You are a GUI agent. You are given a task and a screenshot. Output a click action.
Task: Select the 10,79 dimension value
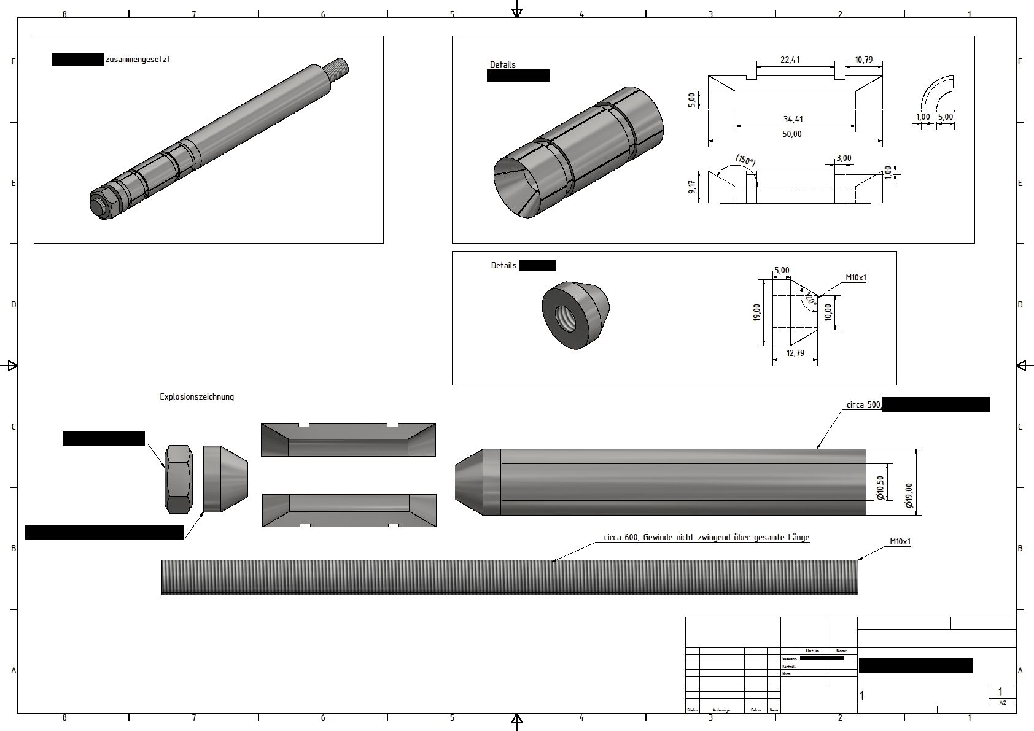tap(863, 60)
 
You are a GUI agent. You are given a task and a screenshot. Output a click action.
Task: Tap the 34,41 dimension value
tap(793, 120)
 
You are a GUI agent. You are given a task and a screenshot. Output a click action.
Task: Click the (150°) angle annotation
tap(745, 161)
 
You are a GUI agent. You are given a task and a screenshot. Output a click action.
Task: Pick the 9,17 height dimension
tap(693, 187)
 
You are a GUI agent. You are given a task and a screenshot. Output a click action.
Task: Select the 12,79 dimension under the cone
tap(795, 353)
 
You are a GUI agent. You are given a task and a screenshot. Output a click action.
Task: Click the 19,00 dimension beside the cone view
tap(757, 312)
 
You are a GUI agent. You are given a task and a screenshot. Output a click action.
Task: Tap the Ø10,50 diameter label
tap(880, 488)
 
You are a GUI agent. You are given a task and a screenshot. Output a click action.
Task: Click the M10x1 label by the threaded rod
tap(900, 542)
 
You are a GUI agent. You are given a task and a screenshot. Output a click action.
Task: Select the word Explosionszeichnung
tap(196, 397)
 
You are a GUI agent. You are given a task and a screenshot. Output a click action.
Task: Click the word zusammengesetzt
tap(138, 60)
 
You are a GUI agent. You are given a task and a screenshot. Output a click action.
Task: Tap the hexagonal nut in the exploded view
tap(179, 479)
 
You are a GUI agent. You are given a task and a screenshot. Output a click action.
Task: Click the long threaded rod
tap(510, 577)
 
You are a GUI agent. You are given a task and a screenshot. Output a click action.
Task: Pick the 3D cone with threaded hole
tap(575, 315)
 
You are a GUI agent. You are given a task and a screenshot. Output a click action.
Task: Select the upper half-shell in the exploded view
tap(348, 439)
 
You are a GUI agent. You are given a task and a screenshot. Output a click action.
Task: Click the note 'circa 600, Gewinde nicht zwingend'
tap(706, 538)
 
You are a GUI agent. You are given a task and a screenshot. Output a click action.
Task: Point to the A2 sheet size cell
tap(1003, 703)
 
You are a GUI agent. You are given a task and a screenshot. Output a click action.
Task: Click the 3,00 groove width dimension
tap(844, 158)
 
